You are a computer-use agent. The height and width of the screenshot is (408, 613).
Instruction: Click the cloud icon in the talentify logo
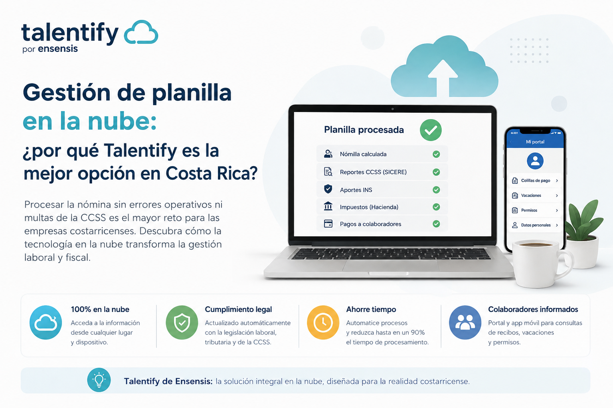(141, 32)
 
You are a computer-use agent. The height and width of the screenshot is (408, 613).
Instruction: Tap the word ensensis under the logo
(58, 49)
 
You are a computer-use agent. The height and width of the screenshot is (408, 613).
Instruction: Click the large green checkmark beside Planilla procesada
(431, 130)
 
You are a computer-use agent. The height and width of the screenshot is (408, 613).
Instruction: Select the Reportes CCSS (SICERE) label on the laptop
(373, 172)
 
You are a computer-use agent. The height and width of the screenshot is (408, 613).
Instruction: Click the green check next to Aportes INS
(436, 190)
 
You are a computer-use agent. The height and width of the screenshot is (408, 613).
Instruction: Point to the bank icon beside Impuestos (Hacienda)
(328, 206)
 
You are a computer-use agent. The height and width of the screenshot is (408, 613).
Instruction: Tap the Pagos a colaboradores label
(370, 224)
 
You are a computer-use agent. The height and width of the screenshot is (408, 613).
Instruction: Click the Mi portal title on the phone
(535, 142)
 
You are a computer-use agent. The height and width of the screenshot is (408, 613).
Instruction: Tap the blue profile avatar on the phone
(535, 161)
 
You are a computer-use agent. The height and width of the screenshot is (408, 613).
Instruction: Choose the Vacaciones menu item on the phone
(531, 195)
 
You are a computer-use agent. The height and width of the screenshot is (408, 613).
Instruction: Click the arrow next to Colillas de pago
(557, 180)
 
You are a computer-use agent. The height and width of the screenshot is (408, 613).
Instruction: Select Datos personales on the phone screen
(536, 225)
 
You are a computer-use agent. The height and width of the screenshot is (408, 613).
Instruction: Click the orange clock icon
(323, 322)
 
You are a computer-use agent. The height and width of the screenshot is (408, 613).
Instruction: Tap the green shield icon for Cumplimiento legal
(182, 322)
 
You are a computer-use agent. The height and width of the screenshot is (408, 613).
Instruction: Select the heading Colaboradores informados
(533, 309)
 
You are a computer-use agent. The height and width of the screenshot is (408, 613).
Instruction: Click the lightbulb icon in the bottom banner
(99, 380)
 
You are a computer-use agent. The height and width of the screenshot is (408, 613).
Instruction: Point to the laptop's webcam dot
(392, 109)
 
